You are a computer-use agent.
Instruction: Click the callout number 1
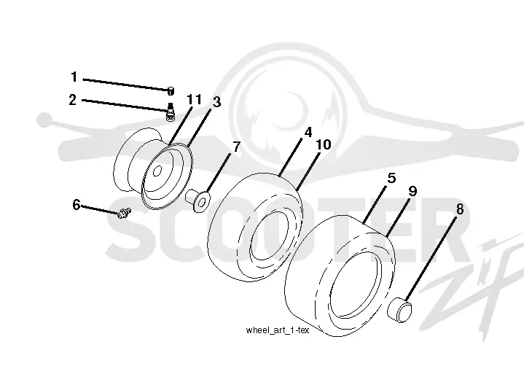pos(74,77)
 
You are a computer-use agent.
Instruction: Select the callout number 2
pos(73,100)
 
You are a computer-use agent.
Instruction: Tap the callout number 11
pos(194,99)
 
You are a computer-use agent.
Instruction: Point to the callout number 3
pos(217,102)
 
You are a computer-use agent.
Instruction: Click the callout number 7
pos(237,147)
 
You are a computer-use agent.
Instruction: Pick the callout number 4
pos(308,132)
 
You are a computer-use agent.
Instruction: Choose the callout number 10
pos(324,144)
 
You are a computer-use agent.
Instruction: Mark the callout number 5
pos(391,178)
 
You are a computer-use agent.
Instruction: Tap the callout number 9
pos(413,191)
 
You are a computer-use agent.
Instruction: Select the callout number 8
pos(460,209)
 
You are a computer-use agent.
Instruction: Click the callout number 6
pos(77,205)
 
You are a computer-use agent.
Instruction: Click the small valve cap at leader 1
pos(171,90)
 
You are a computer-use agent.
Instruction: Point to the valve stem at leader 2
pos(171,112)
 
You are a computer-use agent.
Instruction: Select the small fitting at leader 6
pos(125,212)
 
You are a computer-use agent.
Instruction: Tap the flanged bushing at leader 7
pos(198,201)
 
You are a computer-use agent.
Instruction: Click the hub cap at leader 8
pos(399,310)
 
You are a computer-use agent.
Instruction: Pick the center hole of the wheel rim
pos(157,171)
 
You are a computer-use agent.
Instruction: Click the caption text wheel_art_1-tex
pos(278,330)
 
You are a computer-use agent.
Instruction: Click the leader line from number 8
pos(431,259)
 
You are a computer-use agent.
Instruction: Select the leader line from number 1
pos(126,85)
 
